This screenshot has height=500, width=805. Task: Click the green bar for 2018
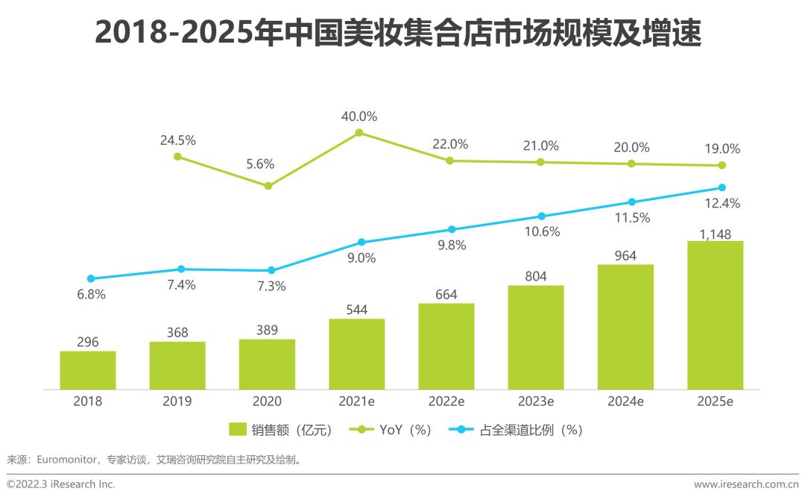point(88,370)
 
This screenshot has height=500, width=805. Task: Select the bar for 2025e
point(715,315)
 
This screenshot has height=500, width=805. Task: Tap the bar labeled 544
point(356,354)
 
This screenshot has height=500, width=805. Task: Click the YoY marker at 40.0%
point(359,133)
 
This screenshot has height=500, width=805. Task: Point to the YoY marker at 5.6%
point(269,186)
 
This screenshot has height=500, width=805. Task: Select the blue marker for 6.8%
point(90,278)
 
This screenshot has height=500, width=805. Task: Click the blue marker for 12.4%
point(722,187)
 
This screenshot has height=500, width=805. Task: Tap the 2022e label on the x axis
point(446,401)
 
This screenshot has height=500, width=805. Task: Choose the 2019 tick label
point(177,401)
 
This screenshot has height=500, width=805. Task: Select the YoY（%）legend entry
point(395,430)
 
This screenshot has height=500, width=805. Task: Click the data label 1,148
point(716,234)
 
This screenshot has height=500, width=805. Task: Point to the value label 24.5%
point(177,140)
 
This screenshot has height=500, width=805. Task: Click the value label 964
point(625,256)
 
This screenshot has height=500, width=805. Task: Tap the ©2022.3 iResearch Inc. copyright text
point(61,484)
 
